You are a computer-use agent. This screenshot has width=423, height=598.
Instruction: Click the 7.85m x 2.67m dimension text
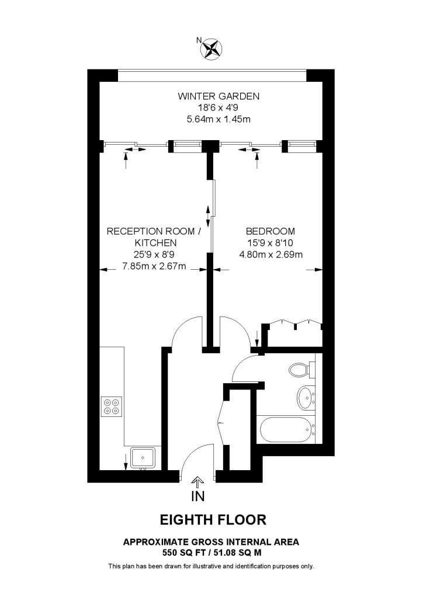[154, 266]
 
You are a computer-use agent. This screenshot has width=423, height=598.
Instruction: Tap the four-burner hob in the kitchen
[111, 405]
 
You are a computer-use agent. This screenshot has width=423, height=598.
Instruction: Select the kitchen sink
[141, 457]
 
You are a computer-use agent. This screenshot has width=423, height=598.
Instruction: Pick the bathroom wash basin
[306, 398]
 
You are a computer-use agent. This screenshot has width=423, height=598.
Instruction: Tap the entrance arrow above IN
[197, 481]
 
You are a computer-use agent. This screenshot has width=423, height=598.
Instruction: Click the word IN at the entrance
[197, 497]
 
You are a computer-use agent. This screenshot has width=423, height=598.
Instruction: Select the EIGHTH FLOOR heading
[213, 519]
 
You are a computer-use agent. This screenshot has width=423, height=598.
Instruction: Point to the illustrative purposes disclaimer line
[211, 566]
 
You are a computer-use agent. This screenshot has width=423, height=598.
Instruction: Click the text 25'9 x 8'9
[154, 254]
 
